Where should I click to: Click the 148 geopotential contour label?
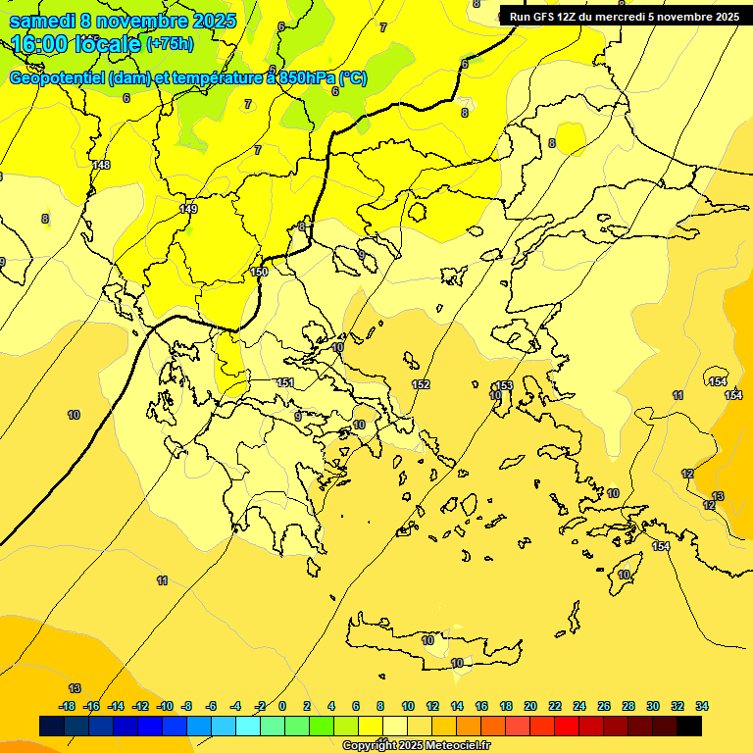pos(101,165)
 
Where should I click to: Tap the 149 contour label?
pos(189,209)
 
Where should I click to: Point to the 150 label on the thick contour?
pos(259,272)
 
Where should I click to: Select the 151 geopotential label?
pos(285,382)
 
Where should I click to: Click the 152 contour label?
pos(421,384)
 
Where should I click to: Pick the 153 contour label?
pos(504,385)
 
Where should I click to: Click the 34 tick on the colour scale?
pos(702,706)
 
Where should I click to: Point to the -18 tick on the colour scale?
pos(67,706)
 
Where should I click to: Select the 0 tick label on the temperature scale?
pos(282,706)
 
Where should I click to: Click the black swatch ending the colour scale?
pos(689,727)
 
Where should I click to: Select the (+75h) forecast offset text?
pos(170,44)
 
